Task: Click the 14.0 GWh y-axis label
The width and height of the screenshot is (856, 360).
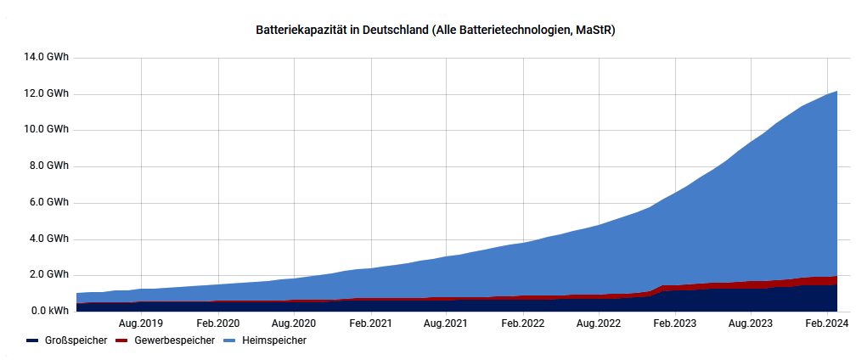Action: click(47, 57)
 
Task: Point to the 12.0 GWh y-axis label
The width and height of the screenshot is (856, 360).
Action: click(47, 93)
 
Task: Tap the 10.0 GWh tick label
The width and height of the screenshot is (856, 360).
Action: click(47, 130)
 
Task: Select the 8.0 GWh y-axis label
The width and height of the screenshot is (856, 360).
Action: click(49, 166)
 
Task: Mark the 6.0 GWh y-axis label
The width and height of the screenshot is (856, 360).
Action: click(49, 203)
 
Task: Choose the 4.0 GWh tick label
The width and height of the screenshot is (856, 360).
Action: click(49, 239)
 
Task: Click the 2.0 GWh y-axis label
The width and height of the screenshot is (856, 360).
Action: click(49, 275)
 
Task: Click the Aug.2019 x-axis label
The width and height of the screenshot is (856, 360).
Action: click(141, 323)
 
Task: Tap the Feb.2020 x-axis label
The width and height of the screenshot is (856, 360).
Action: click(218, 323)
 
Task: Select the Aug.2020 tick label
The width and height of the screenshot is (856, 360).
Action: click(293, 323)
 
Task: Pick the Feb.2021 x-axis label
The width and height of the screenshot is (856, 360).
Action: click(370, 323)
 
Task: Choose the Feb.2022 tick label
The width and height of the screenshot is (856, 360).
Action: click(522, 323)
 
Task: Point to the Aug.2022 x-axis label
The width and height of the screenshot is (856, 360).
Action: click(599, 323)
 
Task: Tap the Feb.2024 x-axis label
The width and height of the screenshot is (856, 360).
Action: click(827, 323)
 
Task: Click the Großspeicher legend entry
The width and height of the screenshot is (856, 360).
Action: click(68, 340)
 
